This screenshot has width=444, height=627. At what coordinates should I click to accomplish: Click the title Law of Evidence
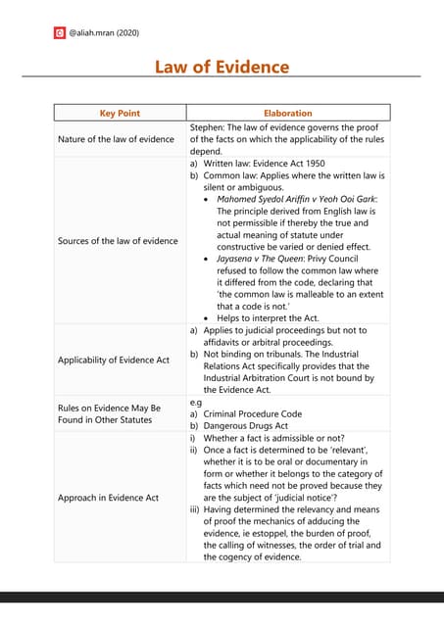pos(222,67)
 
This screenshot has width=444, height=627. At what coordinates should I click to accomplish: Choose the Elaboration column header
pos(287,114)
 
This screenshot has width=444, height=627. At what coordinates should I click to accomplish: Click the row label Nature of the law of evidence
pos(116,139)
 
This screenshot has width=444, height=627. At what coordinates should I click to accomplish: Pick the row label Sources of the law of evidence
pos(118,241)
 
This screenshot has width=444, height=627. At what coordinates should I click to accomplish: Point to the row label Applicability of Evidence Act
pos(113,360)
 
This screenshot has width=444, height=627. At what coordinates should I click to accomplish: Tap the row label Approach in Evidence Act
pos(108,498)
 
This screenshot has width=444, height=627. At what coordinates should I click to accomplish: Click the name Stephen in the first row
pos(206,126)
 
